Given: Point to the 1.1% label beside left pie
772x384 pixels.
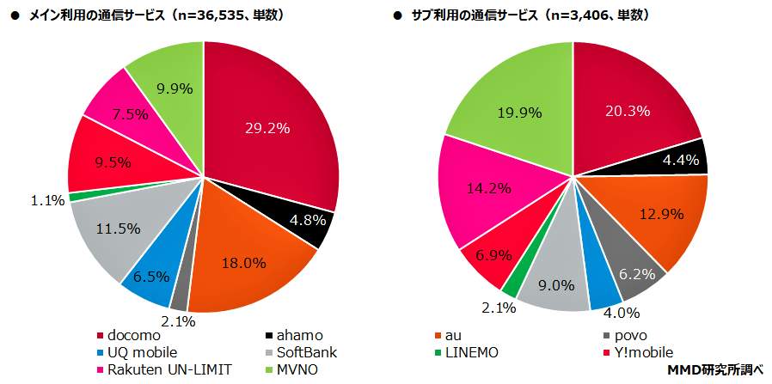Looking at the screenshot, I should pos(48,200).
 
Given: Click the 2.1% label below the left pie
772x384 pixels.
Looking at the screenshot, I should pos(178,321).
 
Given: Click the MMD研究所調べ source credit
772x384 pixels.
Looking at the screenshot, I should pos(715,369).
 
